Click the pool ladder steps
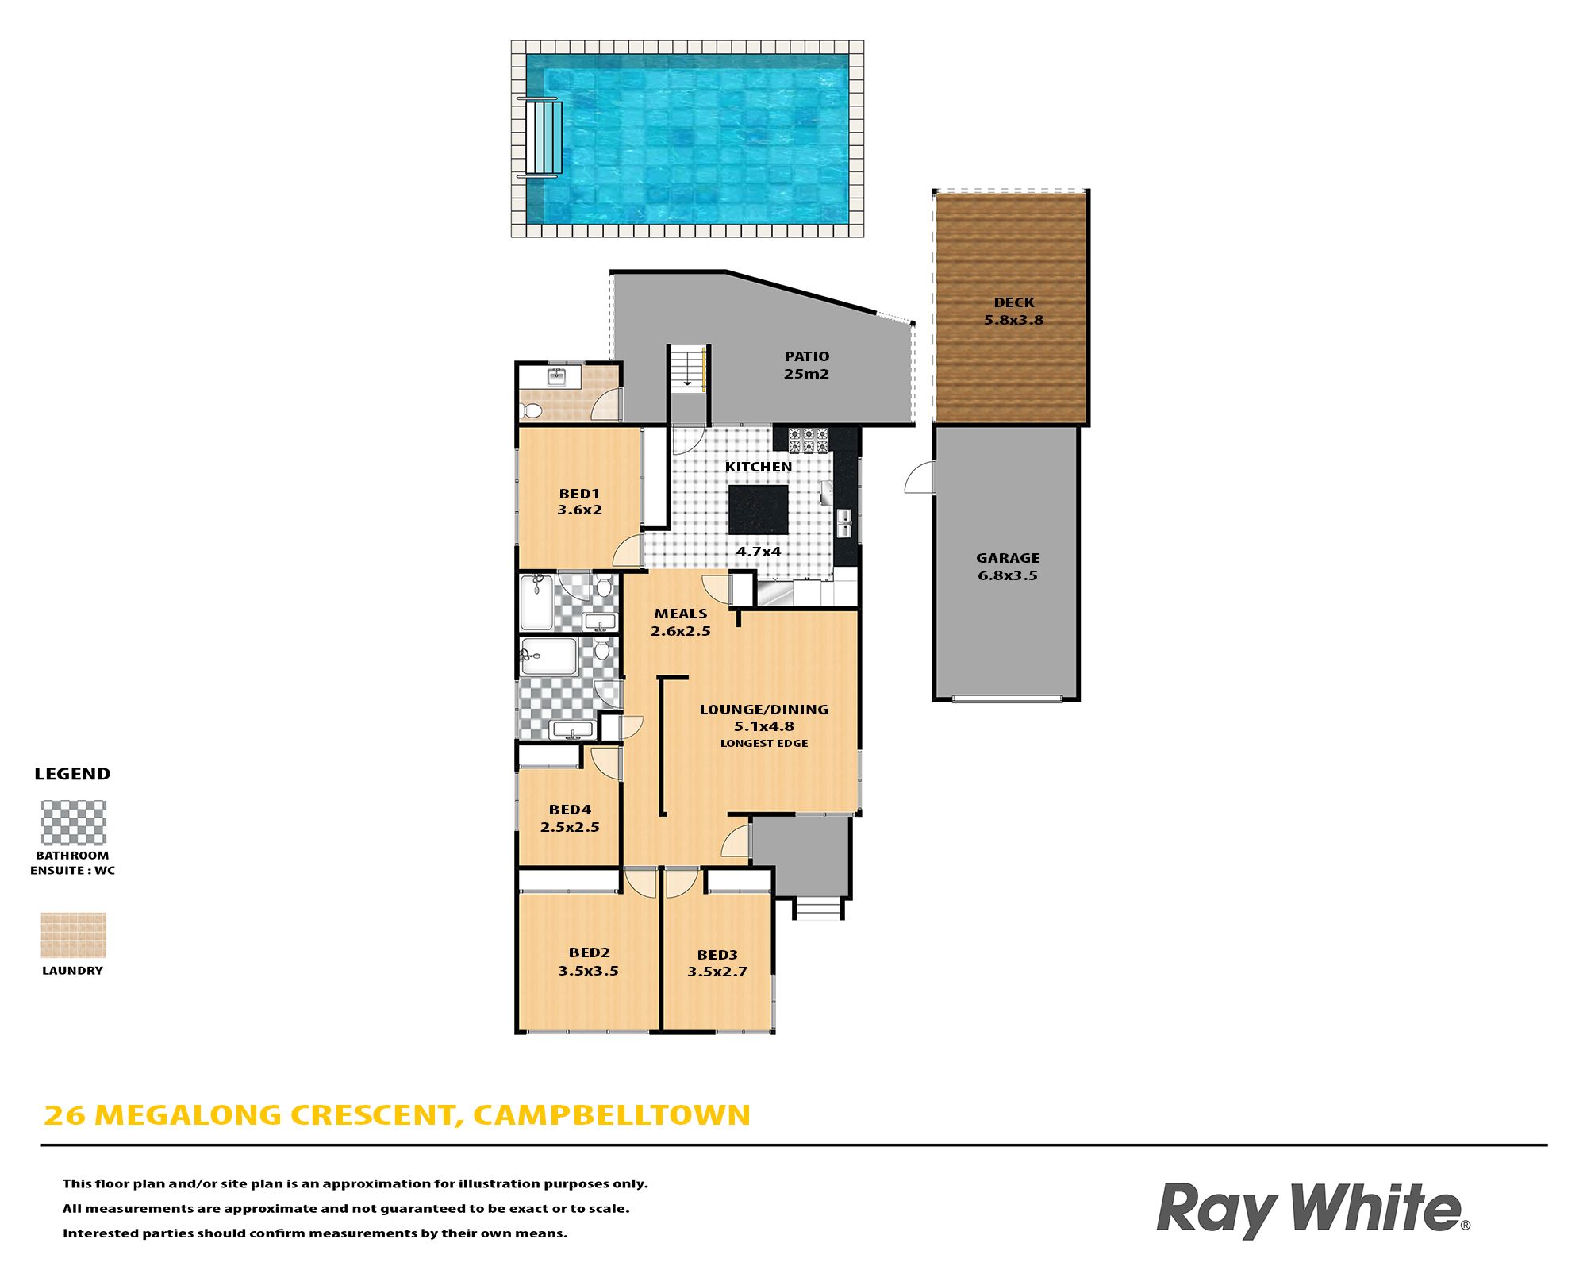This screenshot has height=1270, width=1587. point(544,137)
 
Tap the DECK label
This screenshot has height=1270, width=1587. point(1014,302)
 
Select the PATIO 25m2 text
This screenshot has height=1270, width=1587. point(807,365)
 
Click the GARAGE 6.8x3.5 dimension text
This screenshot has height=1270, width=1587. point(1008,575)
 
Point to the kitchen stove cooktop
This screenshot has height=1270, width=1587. point(809,440)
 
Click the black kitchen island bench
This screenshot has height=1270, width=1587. point(759,510)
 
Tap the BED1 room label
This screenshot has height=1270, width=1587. point(579,494)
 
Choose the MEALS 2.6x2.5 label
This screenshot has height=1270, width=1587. point(681,622)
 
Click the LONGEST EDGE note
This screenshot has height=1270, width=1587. point(764,744)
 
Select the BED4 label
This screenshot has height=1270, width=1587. point(570,810)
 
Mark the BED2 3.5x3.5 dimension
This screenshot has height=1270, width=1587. point(589,971)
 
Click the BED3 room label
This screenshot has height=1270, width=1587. point(717,955)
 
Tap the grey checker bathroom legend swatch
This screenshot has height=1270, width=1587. point(74,822)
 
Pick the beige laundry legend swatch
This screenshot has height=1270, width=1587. point(74,935)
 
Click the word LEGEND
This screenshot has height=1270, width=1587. point(72,774)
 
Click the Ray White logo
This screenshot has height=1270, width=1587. point(1313,1210)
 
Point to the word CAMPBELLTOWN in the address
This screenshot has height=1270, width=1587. point(612,1115)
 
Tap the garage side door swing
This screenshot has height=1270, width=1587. point(919,477)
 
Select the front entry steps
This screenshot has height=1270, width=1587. point(818,906)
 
